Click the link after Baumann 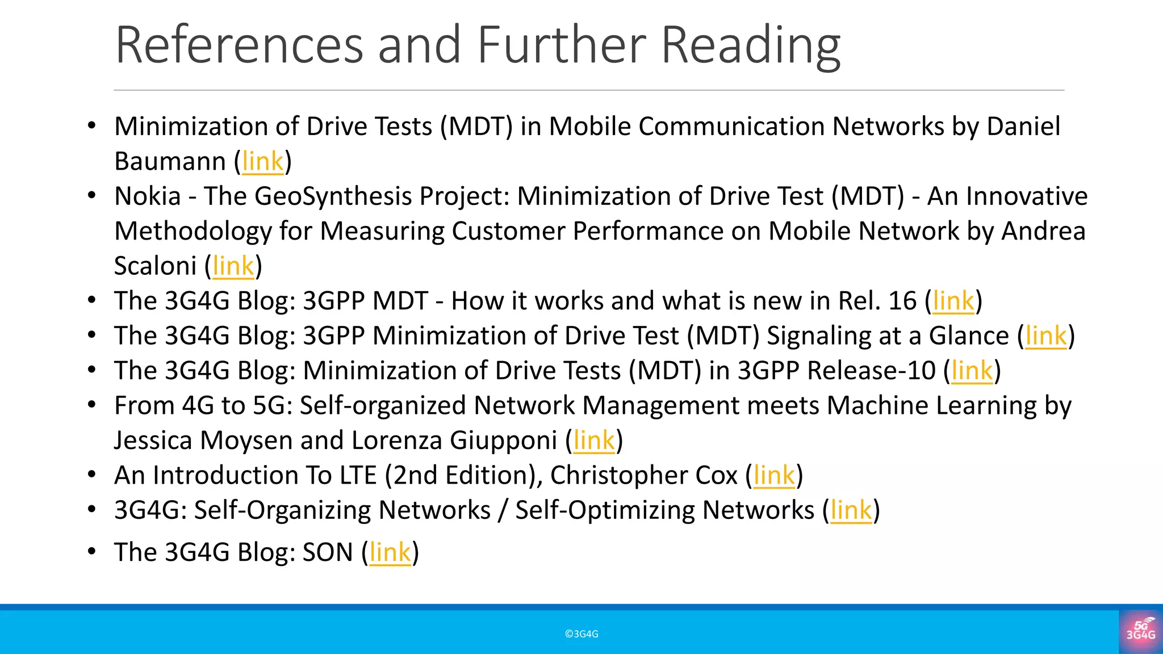coord(262,161)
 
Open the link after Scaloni coord(233,266)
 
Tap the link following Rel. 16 coord(953,301)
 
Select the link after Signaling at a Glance coord(1046,336)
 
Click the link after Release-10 coord(972,371)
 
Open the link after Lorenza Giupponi coord(594,441)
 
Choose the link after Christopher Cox coord(773,475)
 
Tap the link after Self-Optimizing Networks coord(851,510)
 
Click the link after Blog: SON coord(390,552)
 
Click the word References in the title coord(239,45)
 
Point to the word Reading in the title coord(750,45)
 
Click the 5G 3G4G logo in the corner coord(1140,631)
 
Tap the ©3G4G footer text coord(581,634)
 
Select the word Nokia coord(148,196)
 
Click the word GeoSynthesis coord(333,196)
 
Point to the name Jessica coord(153,441)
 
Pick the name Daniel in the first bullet coord(1023,126)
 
